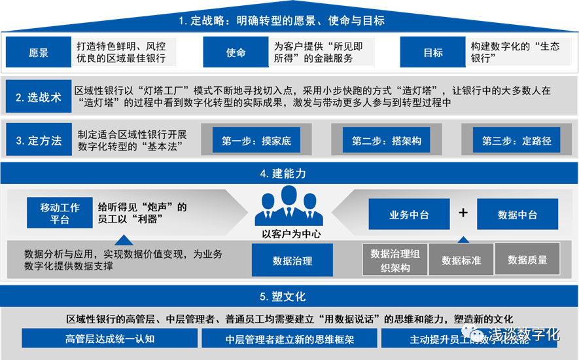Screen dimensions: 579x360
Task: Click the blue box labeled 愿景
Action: click(39, 52)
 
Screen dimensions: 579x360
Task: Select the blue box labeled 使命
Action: click(236, 52)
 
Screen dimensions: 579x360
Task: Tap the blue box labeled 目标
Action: click(432, 52)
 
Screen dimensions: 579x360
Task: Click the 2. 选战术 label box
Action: click(39, 98)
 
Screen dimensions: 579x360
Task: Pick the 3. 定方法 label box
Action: click(39, 140)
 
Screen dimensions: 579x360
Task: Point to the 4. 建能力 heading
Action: click(289, 174)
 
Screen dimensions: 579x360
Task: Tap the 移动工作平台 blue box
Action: click(60, 213)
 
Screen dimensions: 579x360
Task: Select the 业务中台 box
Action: click(409, 213)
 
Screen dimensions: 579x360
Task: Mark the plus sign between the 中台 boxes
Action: click(463, 213)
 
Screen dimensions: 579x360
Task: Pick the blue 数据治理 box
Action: click(292, 261)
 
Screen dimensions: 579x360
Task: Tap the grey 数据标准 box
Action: click(461, 260)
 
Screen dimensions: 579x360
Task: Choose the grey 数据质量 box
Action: click(527, 260)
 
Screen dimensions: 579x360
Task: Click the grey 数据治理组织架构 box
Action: click(395, 260)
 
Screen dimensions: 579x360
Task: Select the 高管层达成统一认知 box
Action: click(109, 338)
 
